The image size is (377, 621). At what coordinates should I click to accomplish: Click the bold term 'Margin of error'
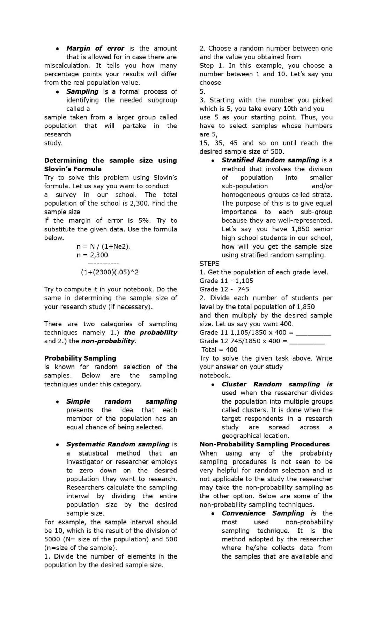click(x=95, y=49)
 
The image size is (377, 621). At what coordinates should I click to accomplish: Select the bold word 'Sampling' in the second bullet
click(x=82, y=91)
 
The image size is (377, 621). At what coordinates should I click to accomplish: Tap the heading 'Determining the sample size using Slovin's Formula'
click(x=110, y=165)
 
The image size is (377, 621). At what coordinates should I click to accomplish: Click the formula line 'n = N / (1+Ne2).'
click(x=104, y=246)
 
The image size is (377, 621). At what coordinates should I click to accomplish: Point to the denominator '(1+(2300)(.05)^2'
click(x=110, y=272)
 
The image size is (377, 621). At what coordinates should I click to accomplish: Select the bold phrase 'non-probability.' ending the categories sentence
click(x=109, y=341)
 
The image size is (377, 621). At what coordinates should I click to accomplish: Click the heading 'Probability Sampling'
click(x=80, y=358)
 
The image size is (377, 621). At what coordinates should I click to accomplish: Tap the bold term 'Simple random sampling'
click(x=121, y=401)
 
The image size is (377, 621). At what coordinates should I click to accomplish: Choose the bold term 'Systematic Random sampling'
click(x=118, y=444)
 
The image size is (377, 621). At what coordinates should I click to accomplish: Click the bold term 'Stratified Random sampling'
click(x=270, y=160)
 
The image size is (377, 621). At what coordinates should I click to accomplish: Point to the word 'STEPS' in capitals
click(x=209, y=264)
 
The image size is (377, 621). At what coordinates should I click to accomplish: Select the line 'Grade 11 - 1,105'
click(x=226, y=281)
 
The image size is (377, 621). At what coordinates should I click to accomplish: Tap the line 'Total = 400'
click(x=219, y=350)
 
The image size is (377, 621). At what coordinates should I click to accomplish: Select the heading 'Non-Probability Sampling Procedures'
click(x=264, y=444)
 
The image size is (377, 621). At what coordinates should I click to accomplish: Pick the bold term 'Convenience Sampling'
click(x=263, y=513)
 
